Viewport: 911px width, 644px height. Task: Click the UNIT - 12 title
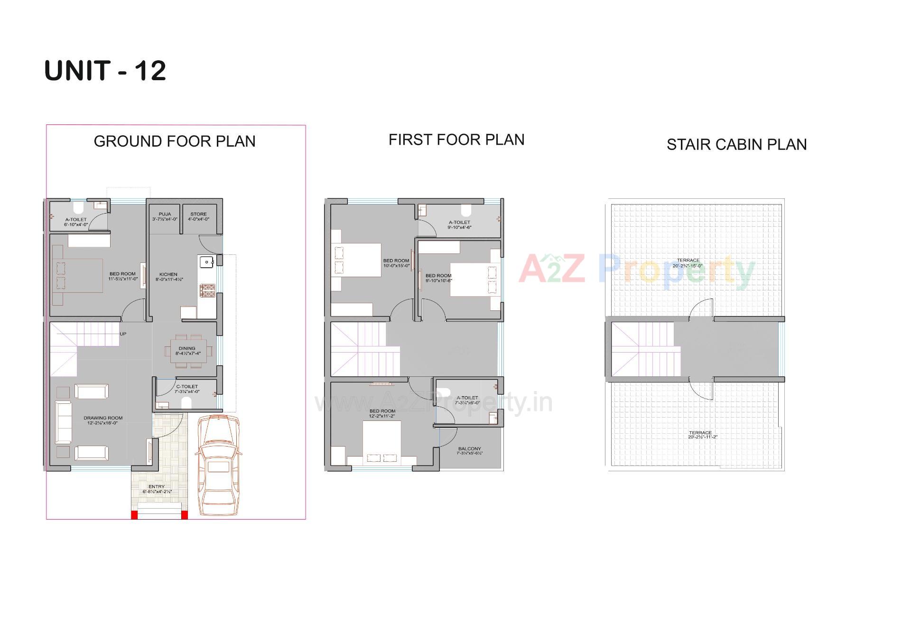[x=105, y=71]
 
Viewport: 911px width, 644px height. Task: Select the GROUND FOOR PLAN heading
[x=175, y=141]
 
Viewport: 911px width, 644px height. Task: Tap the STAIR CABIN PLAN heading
[x=736, y=145]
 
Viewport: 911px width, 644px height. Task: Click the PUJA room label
[x=165, y=217]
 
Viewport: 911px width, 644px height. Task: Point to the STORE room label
[x=198, y=217]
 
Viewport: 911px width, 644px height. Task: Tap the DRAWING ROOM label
[x=103, y=420]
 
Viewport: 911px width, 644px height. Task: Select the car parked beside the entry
[x=217, y=465]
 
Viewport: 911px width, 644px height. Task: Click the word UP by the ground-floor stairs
[x=123, y=334]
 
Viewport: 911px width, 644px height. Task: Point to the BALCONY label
[x=469, y=451]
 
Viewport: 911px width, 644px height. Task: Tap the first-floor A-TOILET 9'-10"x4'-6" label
[x=459, y=225]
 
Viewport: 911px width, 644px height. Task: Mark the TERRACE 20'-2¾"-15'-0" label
[x=688, y=263]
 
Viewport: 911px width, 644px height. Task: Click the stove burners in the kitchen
[x=207, y=290]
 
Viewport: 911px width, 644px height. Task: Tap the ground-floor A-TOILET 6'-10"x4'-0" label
[x=76, y=222]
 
